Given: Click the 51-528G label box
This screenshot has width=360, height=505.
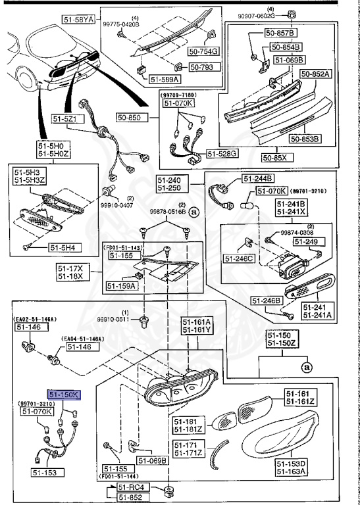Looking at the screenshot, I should [x=222, y=153].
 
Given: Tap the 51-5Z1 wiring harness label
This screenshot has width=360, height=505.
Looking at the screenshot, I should [x=64, y=119].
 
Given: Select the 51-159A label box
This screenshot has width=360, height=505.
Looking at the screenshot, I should [x=121, y=286].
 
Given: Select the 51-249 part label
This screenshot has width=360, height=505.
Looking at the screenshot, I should [x=306, y=242].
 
